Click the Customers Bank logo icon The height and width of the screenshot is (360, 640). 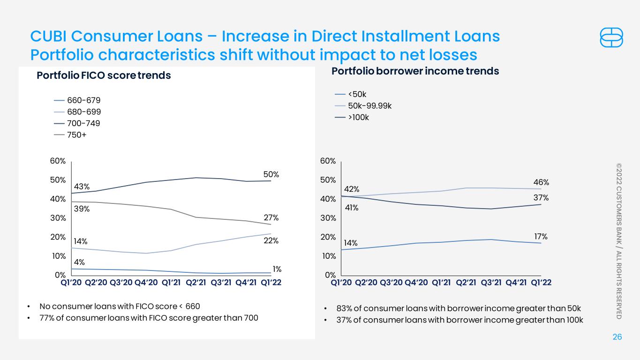pyautogui.click(x=611, y=37)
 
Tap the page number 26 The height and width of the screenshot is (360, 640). pyautogui.click(x=617, y=337)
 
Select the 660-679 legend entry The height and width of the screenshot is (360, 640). pyautogui.click(x=77, y=100)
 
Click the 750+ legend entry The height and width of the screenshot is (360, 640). pyautogui.click(x=70, y=135)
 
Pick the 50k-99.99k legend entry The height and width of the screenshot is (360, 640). pyautogui.click(x=363, y=106)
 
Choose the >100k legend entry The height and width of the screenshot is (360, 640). pyautogui.click(x=352, y=118)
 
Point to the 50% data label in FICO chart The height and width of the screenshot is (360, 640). pyautogui.click(x=271, y=174)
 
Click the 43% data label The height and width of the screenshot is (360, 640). pyautogui.click(x=82, y=187)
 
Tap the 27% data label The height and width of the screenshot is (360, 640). pyautogui.click(x=271, y=217)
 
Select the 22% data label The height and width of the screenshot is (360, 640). pyautogui.click(x=271, y=240)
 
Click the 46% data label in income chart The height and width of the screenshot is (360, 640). pyautogui.click(x=541, y=182)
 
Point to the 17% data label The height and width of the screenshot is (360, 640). pyautogui.click(x=541, y=237)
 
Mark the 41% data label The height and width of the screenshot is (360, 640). pyautogui.click(x=352, y=208)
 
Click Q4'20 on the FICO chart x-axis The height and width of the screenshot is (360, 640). pyautogui.click(x=146, y=283)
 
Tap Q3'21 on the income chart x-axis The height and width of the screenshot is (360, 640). pyautogui.click(x=491, y=283)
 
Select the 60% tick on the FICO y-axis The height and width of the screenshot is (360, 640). pyautogui.click(x=58, y=161)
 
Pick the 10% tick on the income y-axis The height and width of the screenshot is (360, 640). pyautogui.click(x=329, y=256)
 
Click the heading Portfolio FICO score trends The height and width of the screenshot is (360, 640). pyautogui.click(x=104, y=75)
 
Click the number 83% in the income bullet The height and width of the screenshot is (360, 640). pyautogui.click(x=344, y=308)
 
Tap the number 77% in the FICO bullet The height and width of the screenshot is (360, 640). pyautogui.click(x=47, y=318)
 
